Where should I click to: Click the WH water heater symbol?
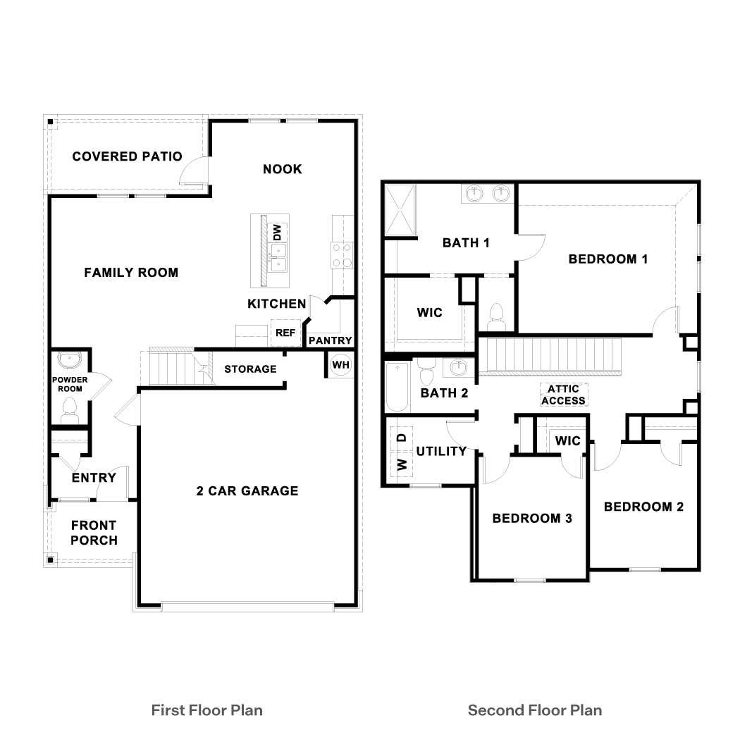pos(340,365)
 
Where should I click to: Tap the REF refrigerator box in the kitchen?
pos(285,333)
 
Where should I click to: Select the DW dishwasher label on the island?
pos(277,232)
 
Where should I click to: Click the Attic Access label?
pos(563,395)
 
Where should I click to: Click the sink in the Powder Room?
pos(69,360)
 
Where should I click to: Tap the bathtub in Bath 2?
pos(397,388)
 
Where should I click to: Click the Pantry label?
pos(330,340)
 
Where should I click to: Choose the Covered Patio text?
pos(127,156)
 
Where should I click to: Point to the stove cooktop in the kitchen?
pos(343,255)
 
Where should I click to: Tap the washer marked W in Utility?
pos(402,464)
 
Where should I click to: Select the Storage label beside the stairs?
pos(250,369)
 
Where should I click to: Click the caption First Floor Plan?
pos(206,710)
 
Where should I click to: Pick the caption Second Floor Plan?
pos(535,710)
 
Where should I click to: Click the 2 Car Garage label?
pos(247,490)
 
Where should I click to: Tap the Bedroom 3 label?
pos(531,518)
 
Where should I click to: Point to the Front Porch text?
pos(94,533)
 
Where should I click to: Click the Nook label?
pos(282,168)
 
